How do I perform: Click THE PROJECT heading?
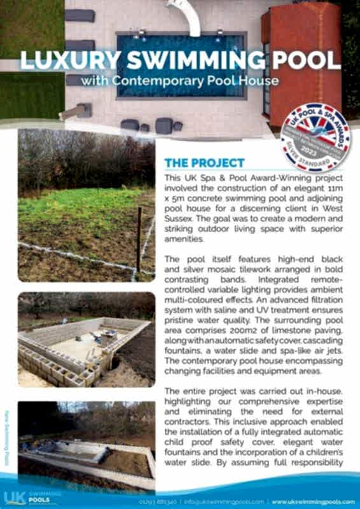[x=204, y=163]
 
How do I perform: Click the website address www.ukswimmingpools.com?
[x=314, y=501]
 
